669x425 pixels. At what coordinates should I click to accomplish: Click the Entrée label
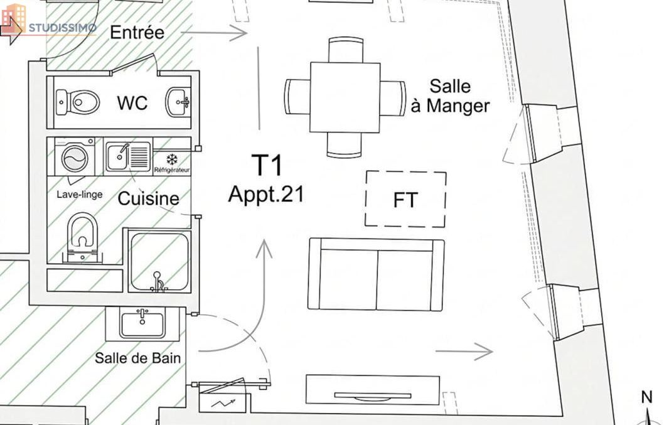[x=137, y=33]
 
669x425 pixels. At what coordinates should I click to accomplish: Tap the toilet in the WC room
[x=78, y=102]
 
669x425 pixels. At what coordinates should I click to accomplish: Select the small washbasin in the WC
[x=178, y=102]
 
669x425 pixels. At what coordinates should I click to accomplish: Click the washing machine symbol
[x=75, y=156]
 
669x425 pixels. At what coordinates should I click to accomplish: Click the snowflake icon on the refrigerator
[x=172, y=159]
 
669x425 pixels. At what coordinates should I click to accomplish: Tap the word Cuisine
[x=148, y=198]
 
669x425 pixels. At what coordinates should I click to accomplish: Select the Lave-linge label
[x=80, y=195]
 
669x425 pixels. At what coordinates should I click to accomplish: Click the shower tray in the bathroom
[x=159, y=262]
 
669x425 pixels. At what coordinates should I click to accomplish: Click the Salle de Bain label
[x=138, y=358]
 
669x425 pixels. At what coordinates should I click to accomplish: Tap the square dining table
[x=345, y=97]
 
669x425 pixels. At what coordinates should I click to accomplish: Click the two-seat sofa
[x=376, y=274]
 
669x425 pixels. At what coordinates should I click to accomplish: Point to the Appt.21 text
[x=266, y=195]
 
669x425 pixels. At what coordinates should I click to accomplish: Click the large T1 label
[x=267, y=165]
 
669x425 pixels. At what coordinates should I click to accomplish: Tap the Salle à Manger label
[x=450, y=96]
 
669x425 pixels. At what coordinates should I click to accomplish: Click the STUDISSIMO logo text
[x=62, y=28]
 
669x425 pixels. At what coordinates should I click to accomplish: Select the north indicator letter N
[x=647, y=397]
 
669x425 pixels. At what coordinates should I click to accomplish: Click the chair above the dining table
[x=346, y=50]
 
